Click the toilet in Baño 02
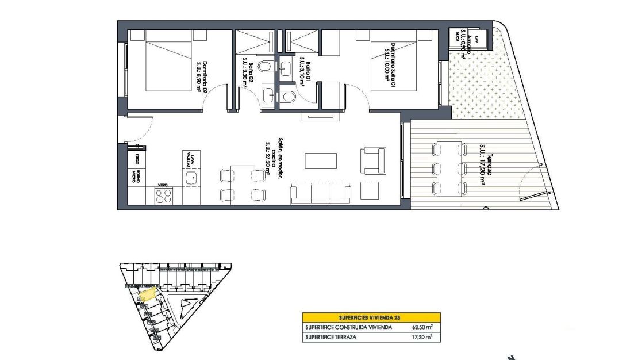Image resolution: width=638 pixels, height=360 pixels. tap(266, 68)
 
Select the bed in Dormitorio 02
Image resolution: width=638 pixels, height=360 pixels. tap(168, 61)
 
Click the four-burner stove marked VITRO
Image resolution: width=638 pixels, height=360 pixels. tap(163, 196)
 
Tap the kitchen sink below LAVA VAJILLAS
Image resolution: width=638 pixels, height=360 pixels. tap(192, 177)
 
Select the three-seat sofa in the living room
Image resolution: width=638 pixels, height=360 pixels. tap(321, 193)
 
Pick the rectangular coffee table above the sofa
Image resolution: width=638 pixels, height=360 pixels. tap(320, 160)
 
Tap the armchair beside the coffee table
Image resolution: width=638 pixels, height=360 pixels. tap(372, 160)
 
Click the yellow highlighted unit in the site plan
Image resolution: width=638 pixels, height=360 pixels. tap(147, 294)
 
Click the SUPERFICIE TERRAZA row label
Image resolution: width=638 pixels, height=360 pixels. tap(331, 337)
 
